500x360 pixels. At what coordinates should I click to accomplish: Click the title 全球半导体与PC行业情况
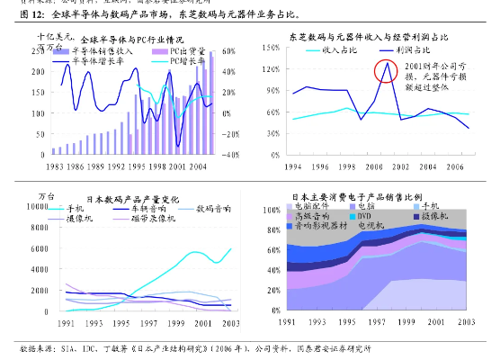coord(131,40)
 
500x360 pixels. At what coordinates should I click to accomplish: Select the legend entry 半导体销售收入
coord(98,51)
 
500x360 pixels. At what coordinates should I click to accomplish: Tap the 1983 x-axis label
coord(56,167)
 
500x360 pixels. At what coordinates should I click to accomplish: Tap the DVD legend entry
coord(366,217)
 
